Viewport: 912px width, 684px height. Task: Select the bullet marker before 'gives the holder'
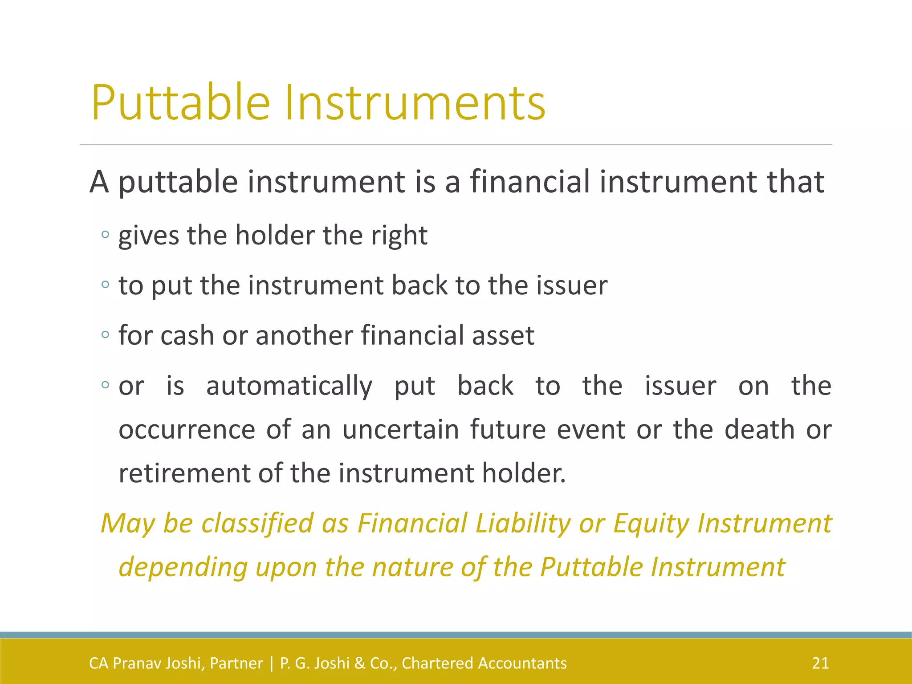click(x=105, y=235)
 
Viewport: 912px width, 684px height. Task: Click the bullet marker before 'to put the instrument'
click(x=105, y=285)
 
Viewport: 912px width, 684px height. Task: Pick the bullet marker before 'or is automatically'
click(x=105, y=385)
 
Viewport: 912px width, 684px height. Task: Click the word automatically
click(x=289, y=386)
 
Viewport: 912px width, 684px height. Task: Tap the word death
click(x=759, y=429)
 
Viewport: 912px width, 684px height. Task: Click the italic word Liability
click(x=523, y=523)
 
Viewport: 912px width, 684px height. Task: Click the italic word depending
click(x=183, y=568)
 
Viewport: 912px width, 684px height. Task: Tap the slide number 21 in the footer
click(x=820, y=663)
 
